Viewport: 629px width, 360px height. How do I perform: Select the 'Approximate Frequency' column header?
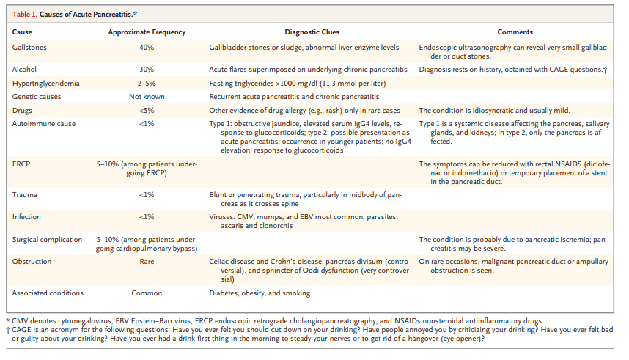tap(147, 33)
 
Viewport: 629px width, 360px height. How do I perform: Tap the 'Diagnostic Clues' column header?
tap(312, 33)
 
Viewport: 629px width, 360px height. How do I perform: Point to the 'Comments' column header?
tap(515, 33)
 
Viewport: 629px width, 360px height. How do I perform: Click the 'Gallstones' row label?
tap(30, 47)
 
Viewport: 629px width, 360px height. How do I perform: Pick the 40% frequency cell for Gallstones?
tap(147, 47)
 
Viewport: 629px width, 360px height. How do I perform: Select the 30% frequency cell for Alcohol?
tap(147, 70)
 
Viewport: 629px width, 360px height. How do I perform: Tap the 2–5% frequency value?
tap(147, 83)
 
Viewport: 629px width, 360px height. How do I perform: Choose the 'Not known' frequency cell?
tap(147, 96)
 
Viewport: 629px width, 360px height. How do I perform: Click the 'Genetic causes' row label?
tap(37, 96)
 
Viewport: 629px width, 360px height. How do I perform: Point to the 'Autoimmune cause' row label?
tap(42, 123)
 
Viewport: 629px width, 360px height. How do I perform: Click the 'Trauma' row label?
tap(26, 194)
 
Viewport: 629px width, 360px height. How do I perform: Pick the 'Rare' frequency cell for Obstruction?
tap(147, 261)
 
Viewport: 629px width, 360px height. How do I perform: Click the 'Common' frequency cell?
tap(147, 293)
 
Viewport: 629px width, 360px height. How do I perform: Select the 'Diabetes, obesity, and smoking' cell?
tap(260, 293)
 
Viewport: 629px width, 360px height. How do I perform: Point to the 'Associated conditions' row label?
tap(48, 293)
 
